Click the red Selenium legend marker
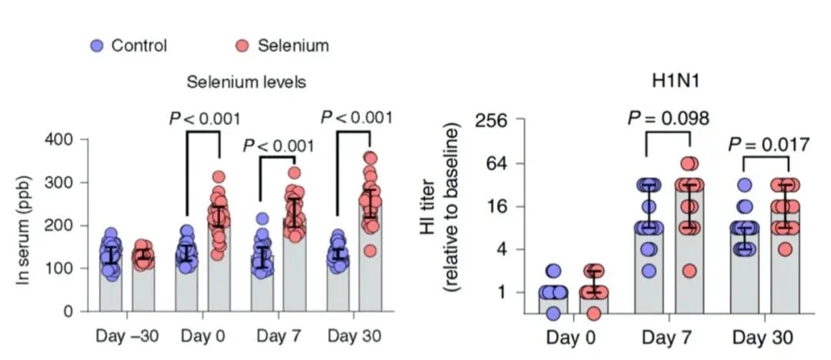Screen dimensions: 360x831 point(241,45)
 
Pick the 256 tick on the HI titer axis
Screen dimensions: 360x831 point(486,121)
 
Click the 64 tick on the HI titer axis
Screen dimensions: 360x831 point(492,164)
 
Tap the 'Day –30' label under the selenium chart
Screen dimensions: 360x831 point(128,336)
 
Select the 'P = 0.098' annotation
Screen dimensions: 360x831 point(667,118)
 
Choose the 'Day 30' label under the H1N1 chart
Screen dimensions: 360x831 point(762,338)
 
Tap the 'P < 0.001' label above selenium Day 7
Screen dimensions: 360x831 point(279,146)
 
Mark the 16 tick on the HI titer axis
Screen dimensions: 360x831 point(492,206)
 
